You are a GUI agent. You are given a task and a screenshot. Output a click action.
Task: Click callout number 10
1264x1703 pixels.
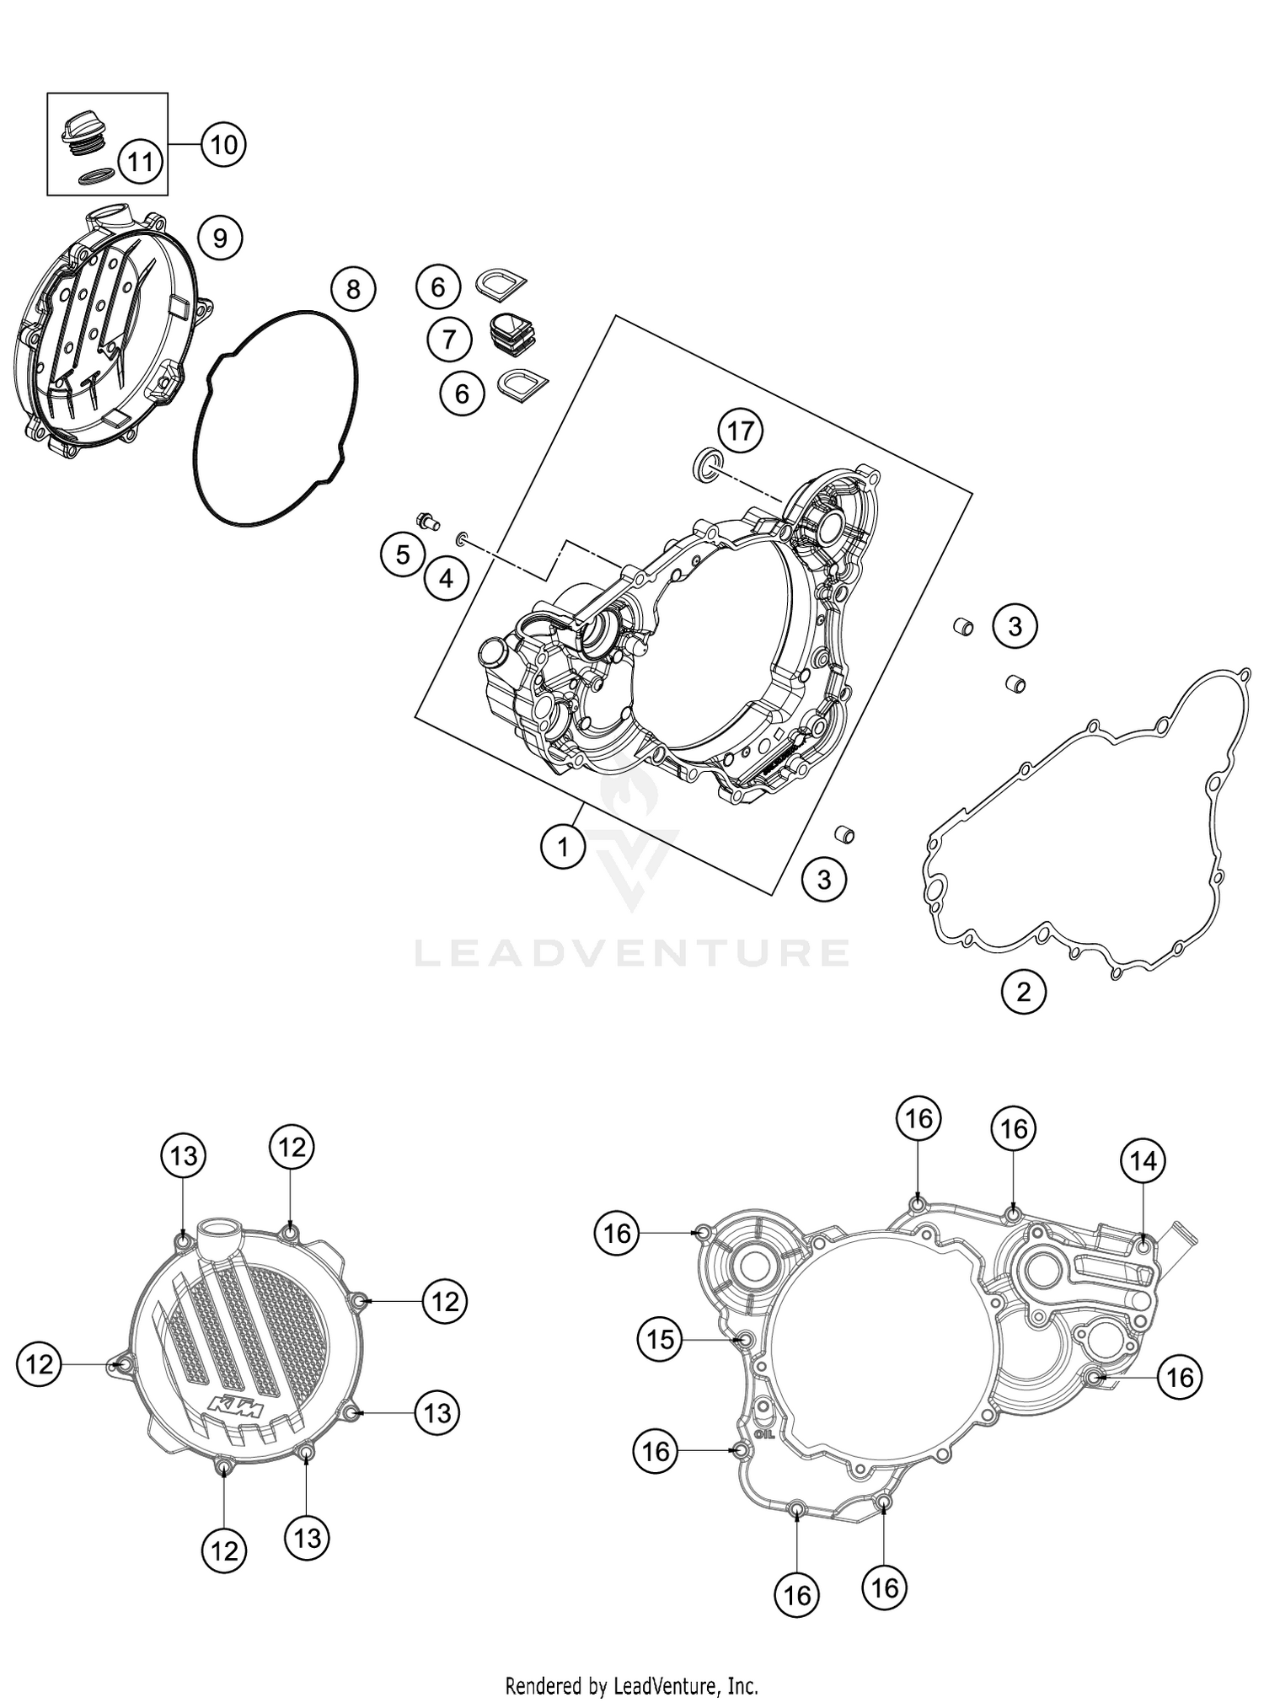tap(223, 145)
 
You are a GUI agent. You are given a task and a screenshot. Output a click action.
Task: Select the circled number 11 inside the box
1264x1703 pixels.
tap(140, 160)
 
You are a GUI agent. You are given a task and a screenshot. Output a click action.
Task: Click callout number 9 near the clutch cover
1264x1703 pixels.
tap(220, 238)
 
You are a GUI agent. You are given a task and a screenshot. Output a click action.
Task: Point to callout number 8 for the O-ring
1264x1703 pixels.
tap(353, 289)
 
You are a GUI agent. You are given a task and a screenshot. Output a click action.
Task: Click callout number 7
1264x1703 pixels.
tap(449, 340)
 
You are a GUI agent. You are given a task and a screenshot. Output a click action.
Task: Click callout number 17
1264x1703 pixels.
tap(741, 431)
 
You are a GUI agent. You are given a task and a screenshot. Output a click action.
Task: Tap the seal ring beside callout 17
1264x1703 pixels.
tap(706, 463)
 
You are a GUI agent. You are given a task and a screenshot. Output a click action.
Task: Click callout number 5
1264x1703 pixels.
tap(403, 554)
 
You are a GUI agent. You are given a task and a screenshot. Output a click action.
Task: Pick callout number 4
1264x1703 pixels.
tap(446, 578)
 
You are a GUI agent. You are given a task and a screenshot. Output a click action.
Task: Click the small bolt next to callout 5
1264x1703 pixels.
tap(428, 521)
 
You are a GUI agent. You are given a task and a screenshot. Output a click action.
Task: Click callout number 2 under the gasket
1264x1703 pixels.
tap(1023, 992)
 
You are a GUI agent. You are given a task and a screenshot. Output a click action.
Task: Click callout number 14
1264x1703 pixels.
tap(1143, 1161)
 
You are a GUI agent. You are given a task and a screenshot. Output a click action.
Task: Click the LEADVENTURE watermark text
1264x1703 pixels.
tap(632, 953)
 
